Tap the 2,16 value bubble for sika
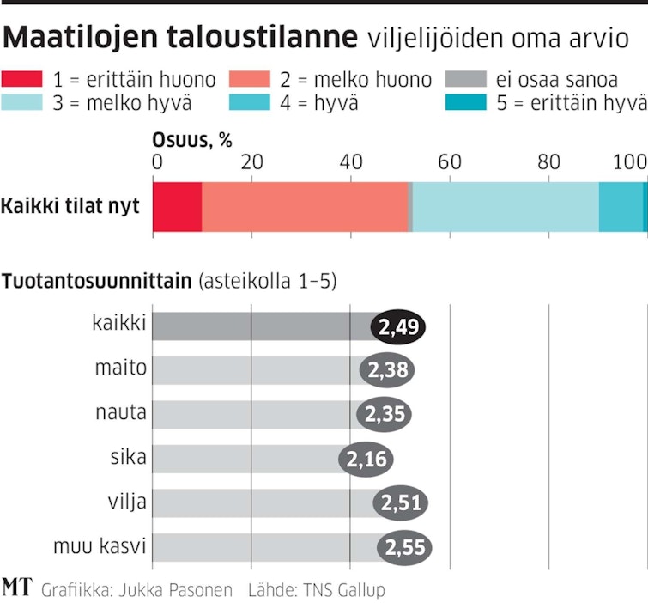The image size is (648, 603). click(366, 460)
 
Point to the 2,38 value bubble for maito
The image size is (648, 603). click(389, 371)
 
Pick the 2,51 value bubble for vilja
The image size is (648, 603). click(400, 503)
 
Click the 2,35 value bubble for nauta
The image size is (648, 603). click(385, 414)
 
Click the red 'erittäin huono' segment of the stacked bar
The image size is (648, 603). click(177, 207)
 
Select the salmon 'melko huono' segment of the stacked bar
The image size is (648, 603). click(304, 207)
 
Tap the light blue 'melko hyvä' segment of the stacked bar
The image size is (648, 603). click(506, 207)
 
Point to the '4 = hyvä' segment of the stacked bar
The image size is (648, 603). click(620, 207)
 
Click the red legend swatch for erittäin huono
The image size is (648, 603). click(22, 81)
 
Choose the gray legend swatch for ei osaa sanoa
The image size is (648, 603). click(467, 81)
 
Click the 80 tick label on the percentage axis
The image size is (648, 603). click(549, 162)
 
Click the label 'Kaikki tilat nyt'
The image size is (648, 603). click(70, 207)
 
